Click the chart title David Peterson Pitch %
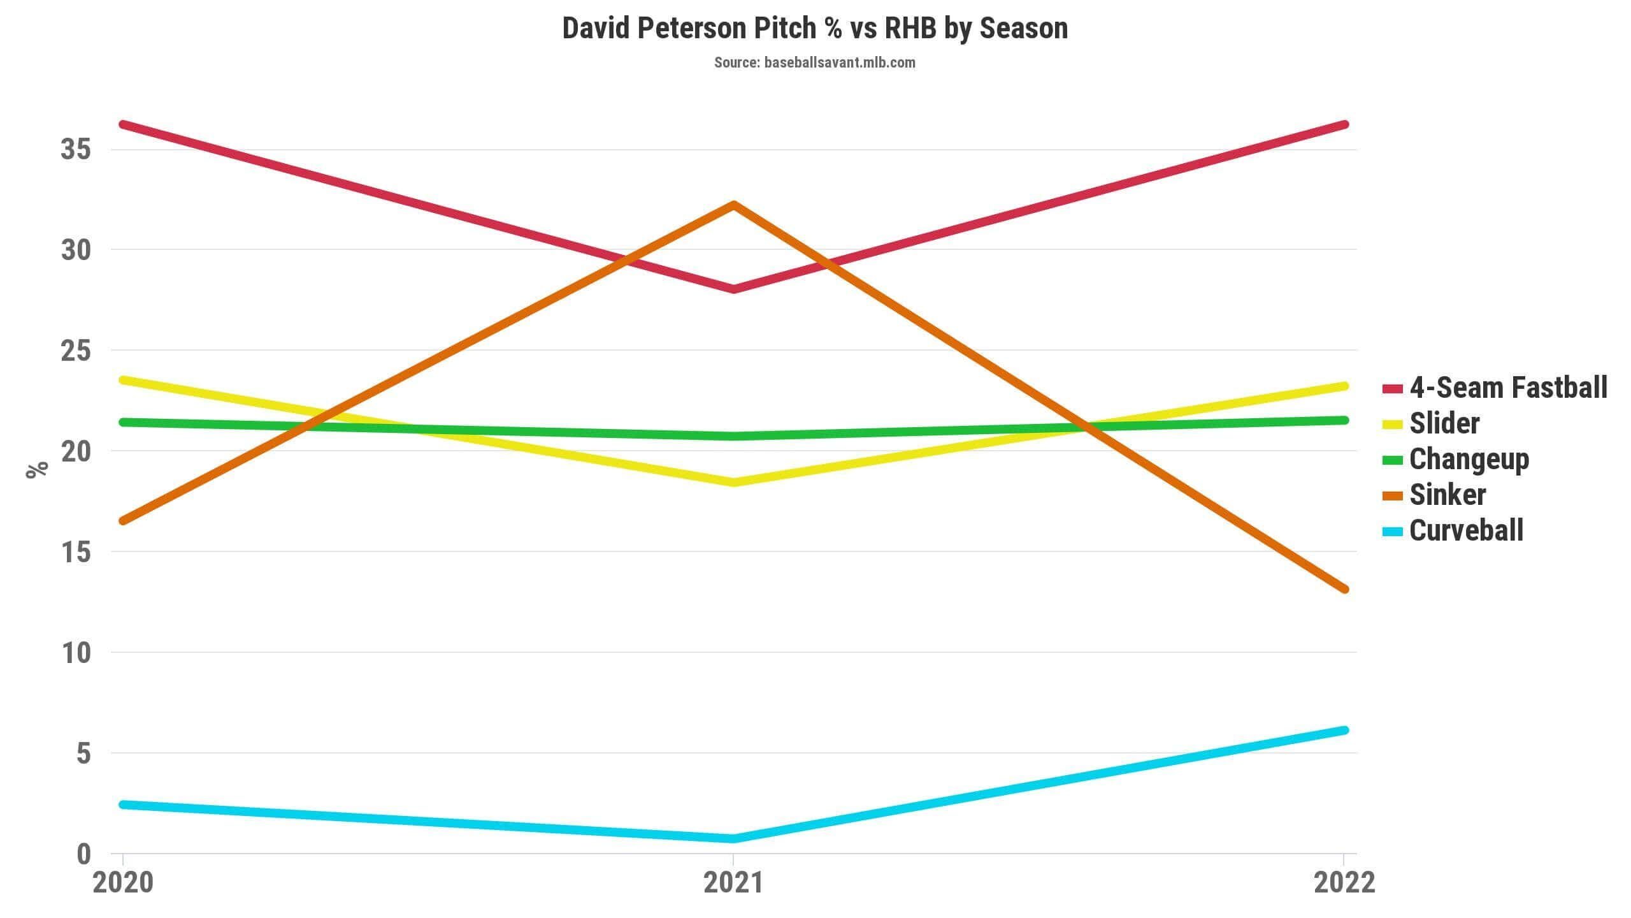pyautogui.click(x=815, y=29)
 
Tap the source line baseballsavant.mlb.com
pyautogui.click(x=815, y=62)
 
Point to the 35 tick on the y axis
pyautogui.click(x=76, y=150)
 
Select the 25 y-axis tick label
pyautogui.click(x=76, y=351)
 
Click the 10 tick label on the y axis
pyautogui.click(x=76, y=653)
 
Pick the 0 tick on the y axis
pyautogui.click(x=84, y=854)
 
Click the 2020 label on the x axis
pyautogui.click(x=124, y=884)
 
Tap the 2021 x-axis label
pyautogui.click(x=733, y=884)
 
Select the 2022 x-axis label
pyautogui.click(x=1344, y=884)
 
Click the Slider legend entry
pyautogui.click(x=1431, y=423)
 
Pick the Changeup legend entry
pyautogui.click(x=1456, y=460)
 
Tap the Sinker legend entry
pyautogui.click(x=1434, y=495)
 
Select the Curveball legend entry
pyautogui.click(x=1453, y=530)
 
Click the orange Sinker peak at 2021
pyautogui.click(x=734, y=205)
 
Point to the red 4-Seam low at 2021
pyautogui.click(x=734, y=289)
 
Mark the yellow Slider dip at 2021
pyautogui.click(x=734, y=483)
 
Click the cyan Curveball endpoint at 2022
pyautogui.click(x=1344, y=730)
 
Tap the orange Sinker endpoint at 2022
pyautogui.click(x=1344, y=589)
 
